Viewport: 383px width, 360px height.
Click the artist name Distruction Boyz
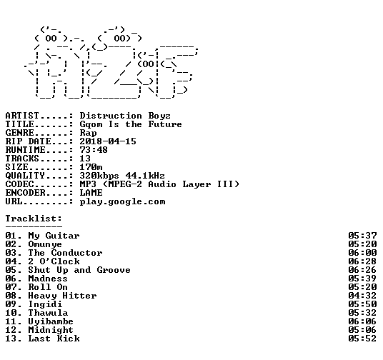125,116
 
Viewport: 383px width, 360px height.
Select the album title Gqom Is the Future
131,124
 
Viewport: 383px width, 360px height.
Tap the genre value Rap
88,133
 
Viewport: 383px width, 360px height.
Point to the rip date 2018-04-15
108,141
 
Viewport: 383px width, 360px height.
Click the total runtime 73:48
94,150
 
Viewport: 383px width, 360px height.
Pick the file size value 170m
91,167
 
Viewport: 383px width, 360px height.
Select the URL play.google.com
122,201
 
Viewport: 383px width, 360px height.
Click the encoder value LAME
91,193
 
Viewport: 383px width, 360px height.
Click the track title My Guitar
54,236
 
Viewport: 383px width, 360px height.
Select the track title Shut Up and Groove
79,270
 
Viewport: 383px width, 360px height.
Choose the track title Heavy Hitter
62,296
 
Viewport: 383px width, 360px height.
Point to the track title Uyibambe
51,321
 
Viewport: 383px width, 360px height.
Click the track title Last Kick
54,339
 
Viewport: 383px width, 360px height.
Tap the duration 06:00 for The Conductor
362,253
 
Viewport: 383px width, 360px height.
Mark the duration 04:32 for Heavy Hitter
362,296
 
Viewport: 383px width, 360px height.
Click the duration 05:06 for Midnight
362,330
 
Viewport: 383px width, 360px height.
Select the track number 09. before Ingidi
14,304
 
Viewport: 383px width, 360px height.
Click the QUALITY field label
25,176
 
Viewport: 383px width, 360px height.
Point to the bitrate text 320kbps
99,176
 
